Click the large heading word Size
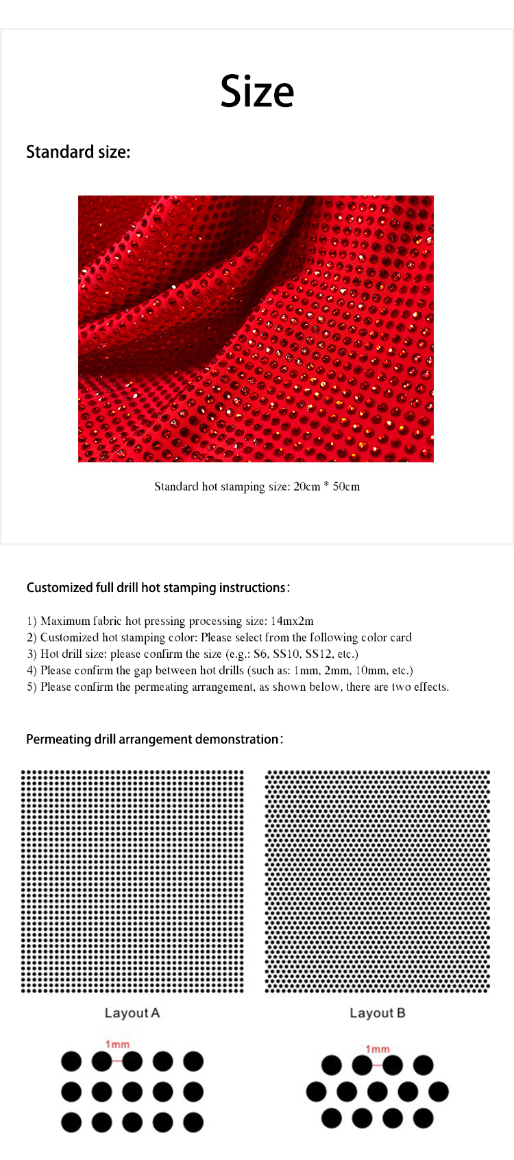[257, 91]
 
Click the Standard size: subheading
[78, 152]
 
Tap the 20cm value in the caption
[306, 486]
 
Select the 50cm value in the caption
[346, 486]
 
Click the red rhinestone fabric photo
[256, 328]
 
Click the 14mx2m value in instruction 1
[292, 621]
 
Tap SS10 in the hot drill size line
[286, 654]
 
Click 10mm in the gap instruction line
[370, 670]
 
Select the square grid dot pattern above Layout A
[132, 881]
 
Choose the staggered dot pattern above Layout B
[378, 881]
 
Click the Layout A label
[132, 1013]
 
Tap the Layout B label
[378, 1013]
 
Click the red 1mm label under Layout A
[117, 1044]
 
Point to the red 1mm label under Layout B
[378, 1049]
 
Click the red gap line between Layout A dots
[117, 1061]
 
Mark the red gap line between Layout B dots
[378, 1065]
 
